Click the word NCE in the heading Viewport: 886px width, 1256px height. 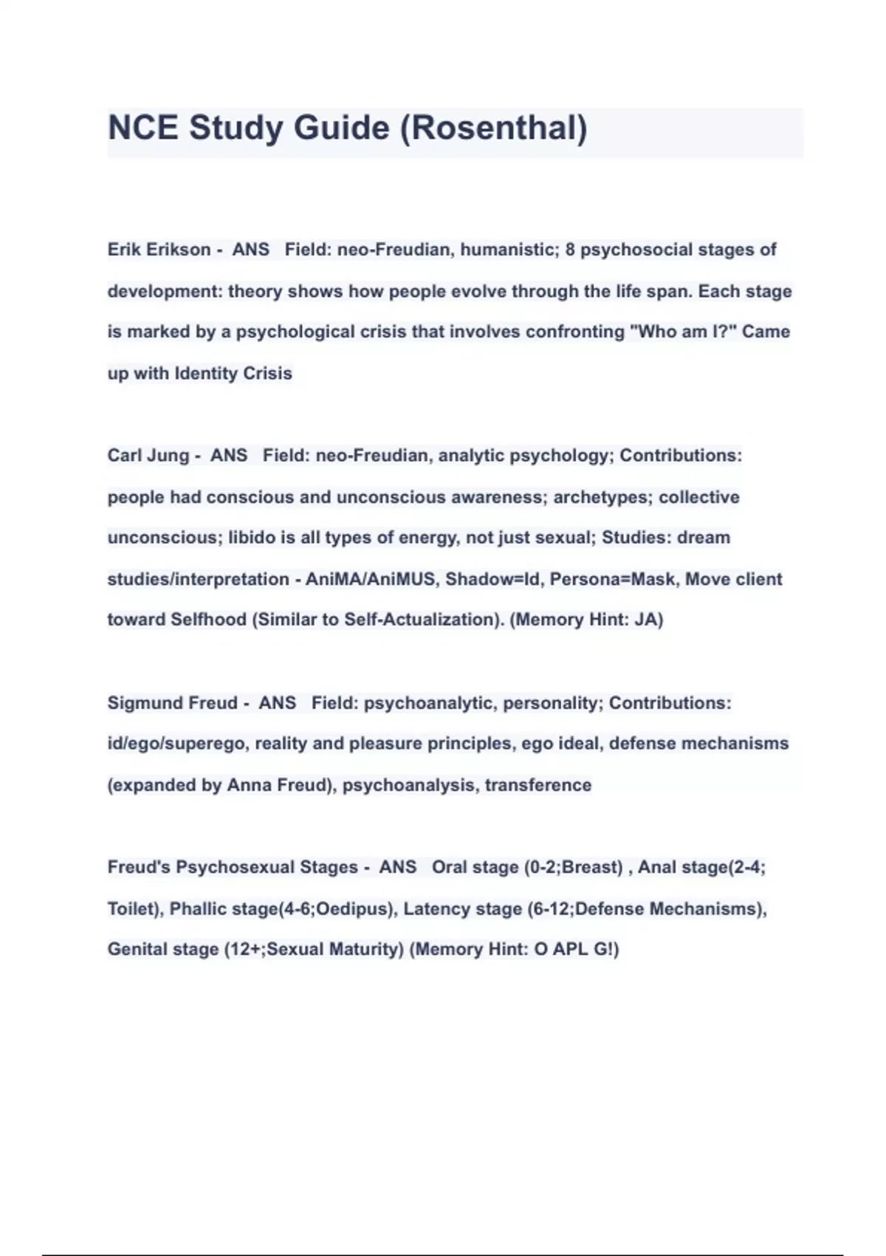[x=143, y=128]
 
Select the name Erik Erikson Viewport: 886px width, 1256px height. [x=159, y=250]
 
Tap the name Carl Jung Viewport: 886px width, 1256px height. [x=148, y=455]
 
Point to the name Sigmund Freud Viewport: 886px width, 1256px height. [x=172, y=703]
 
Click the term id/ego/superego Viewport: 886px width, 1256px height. [x=176, y=743]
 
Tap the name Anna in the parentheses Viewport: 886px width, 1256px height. [x=249, y=785]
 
